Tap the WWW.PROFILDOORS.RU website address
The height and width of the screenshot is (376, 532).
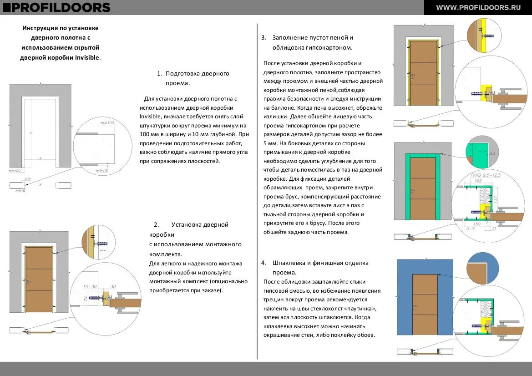478,7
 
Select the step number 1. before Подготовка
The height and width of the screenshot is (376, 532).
159,73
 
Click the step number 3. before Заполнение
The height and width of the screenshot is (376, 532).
263,37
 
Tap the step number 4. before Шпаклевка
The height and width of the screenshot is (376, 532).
263,263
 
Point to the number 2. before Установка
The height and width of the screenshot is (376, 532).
156,224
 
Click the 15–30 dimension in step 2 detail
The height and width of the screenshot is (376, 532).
90,287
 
